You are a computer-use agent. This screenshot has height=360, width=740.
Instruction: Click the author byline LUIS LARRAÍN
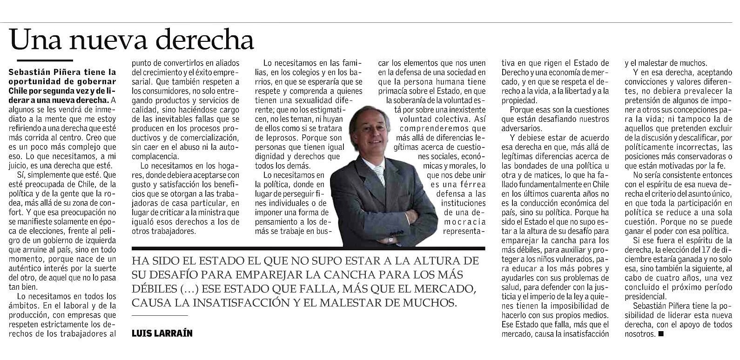(x=162, y=333)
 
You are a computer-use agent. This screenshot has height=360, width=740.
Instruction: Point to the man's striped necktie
(x=380, y=173)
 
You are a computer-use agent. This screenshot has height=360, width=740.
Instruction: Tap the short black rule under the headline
(x=45, y=60)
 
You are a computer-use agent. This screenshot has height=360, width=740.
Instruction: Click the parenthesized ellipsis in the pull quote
(x=190, y=288)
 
